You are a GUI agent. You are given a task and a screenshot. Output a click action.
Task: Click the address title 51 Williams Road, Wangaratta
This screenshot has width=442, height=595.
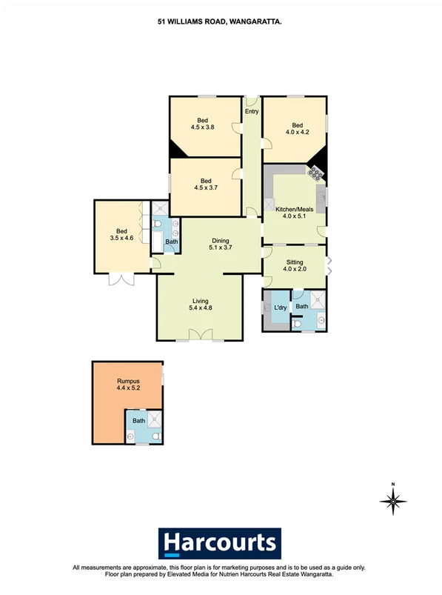[x=220, y=23]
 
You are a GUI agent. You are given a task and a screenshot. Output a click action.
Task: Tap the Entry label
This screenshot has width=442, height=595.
[x=252, y=112]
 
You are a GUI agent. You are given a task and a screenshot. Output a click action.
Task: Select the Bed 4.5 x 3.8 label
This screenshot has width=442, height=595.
[x=204, y=123]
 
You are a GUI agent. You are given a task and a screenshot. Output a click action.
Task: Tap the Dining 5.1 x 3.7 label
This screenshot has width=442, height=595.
[x=221, y=244]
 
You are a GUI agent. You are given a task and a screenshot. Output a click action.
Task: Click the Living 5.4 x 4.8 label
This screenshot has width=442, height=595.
[x=200, y=305]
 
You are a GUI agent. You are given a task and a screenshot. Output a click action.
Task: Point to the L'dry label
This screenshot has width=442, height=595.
[x=281, y=308]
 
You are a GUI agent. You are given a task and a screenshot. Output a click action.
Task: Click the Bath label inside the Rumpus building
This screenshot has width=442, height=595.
[x=139, y=421]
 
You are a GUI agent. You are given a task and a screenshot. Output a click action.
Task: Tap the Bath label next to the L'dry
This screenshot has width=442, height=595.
[x=301, y=306]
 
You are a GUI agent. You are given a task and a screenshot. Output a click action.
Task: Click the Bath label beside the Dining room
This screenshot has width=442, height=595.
[x=171, y=242]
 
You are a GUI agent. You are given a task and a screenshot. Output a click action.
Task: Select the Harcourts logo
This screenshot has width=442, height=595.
[x=221, y=542]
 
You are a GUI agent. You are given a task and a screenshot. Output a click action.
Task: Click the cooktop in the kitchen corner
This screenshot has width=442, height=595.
[x=316, y=173]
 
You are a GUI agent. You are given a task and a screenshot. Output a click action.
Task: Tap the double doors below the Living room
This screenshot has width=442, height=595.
[x=200, y=336]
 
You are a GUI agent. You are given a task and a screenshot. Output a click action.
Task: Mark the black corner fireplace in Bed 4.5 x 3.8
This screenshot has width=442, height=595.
[x=175, y=150]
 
